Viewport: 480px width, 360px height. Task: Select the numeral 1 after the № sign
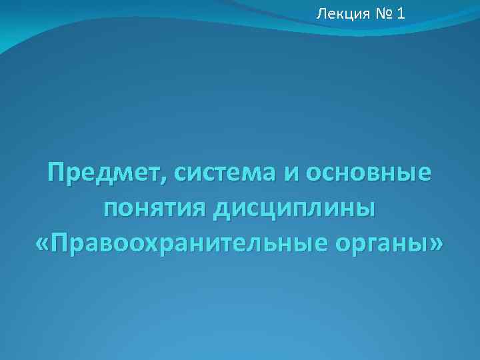tap(399, 13)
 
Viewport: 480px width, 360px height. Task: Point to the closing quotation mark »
tap(435, 244)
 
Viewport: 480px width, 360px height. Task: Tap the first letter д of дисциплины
tap(222, 211)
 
